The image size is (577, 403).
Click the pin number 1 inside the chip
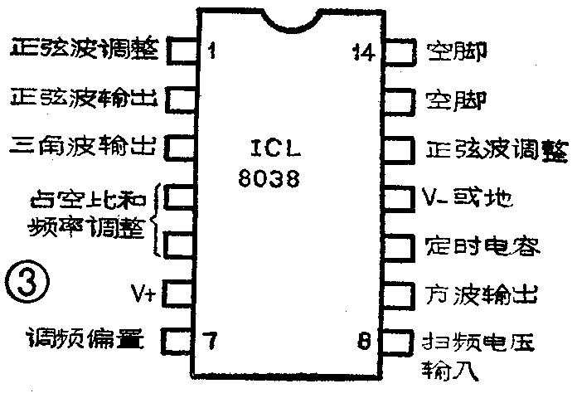point(213,52)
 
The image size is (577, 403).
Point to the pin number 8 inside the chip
point(364,339)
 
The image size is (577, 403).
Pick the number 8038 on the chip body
point(266,178)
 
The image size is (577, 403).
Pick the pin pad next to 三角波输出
point(178,148)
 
